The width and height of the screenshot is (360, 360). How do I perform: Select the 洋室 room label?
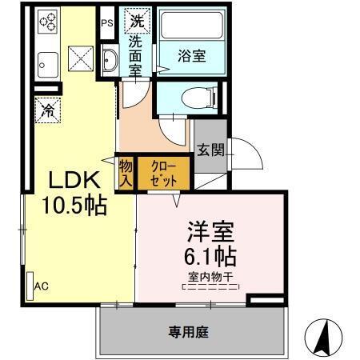point(210,234)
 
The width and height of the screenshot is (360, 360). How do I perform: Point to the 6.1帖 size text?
point(210,258)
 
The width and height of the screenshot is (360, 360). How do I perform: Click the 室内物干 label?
point(210,278)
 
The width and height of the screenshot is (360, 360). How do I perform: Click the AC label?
point(42,285)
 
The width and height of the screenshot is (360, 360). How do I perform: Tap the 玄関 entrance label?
point(210,150)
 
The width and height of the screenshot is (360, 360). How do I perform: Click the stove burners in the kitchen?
point(46,22)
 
